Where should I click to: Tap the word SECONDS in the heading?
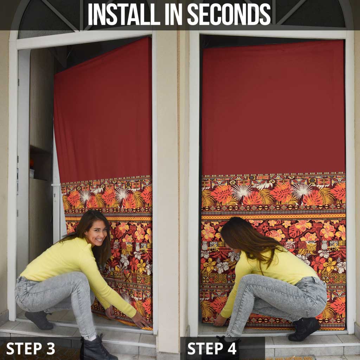coord(229,14)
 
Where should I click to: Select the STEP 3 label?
coord(31,348)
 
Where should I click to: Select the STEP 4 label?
coord(212,348)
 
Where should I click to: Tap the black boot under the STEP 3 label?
coord(96,349)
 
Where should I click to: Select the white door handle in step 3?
coord(56,185)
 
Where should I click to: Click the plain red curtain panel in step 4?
coord(274,107)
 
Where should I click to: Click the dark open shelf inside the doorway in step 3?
coord(40,163)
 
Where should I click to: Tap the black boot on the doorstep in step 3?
coord(39,320)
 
